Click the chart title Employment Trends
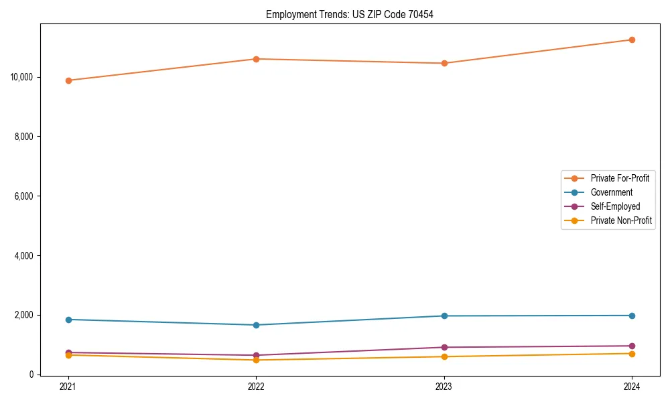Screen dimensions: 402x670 (x=350, y=14)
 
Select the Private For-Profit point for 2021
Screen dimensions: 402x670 (x=68, y=80)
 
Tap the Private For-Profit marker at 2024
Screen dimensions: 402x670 (x=632, y=40)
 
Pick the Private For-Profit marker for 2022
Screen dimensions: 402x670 (x=256, y=59)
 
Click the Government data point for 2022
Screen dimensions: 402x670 (x=256, y=325)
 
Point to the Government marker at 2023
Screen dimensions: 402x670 (x=444, y=316)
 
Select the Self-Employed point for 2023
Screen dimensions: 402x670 (x=444, y=347)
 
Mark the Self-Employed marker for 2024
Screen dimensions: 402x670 (x=632, y=346)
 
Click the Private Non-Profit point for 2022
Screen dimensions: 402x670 (x=256, y=360)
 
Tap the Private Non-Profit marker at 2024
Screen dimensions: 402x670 (x=632, y=353)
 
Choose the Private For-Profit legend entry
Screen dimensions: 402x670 (x=619, y=178)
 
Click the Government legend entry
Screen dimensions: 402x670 (x=611, y=192)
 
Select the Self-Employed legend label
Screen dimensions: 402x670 (x=615, y=206)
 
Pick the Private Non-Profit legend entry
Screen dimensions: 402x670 (x=621, y=220)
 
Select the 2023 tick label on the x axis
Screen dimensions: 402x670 (x=444, y=386)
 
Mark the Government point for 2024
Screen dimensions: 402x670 (x=632, y=316)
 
